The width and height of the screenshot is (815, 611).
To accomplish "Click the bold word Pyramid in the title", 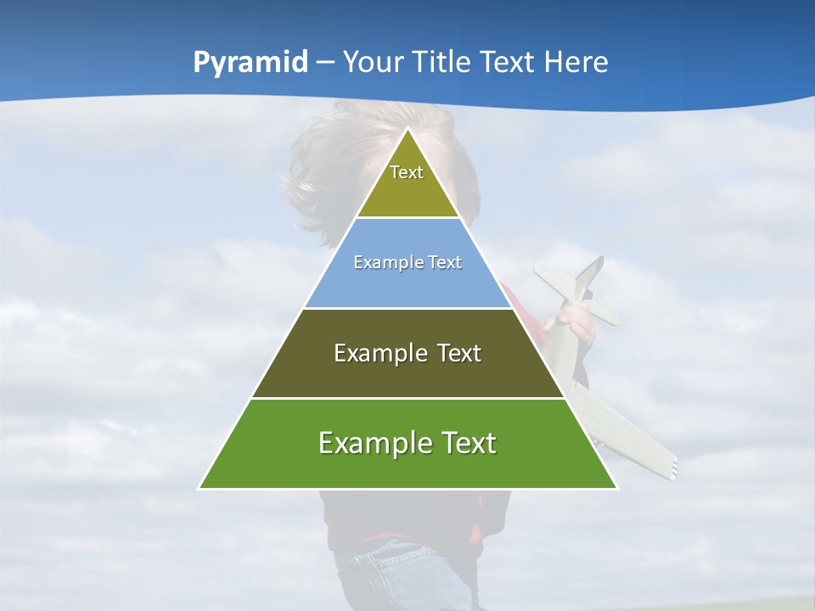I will [250, 62].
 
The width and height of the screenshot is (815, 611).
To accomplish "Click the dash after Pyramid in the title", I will [325, 64].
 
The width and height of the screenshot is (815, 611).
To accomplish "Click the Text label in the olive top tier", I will [407, 172].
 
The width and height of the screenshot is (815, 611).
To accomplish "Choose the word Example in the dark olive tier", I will [379, 353].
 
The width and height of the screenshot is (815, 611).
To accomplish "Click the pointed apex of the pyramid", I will [408, 130].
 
